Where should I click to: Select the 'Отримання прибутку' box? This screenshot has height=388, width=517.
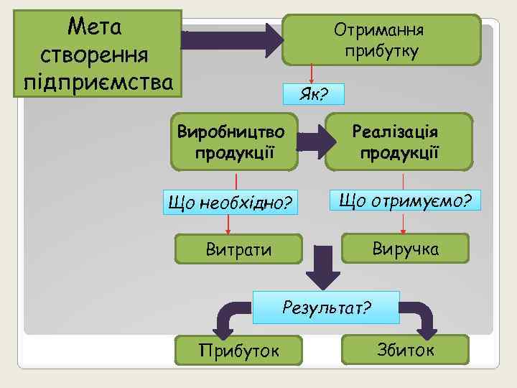click(381, 40)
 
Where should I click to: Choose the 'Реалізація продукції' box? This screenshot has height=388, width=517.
click(399, 142)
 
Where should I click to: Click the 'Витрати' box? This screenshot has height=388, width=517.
click(238, 249)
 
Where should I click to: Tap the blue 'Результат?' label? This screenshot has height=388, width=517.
click(327, 308)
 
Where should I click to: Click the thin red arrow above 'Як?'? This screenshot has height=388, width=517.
click(312, 74)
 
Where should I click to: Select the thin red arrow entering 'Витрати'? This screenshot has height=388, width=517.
click(228, 226)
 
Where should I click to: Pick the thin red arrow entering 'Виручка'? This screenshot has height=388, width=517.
click(404, 223)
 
